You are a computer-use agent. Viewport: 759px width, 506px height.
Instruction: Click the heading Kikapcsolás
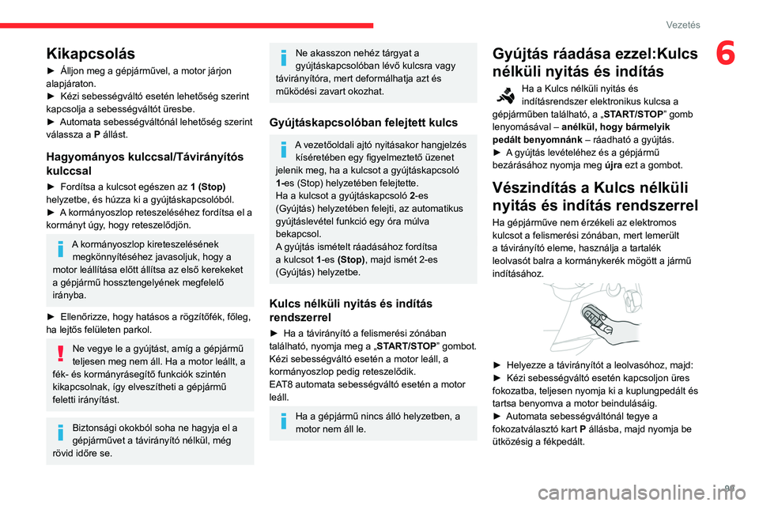(90, 54)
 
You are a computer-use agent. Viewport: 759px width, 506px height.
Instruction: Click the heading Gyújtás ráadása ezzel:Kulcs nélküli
(595, 62)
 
